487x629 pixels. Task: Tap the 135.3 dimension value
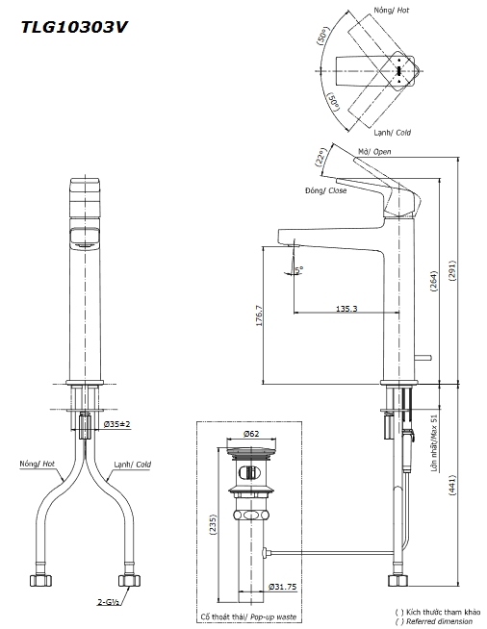(348, 309)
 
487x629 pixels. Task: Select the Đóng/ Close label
(325, 190)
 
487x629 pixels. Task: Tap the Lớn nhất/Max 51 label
(434, 443)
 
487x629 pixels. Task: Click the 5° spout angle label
(299, 269)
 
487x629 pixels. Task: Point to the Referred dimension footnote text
(438, 621)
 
